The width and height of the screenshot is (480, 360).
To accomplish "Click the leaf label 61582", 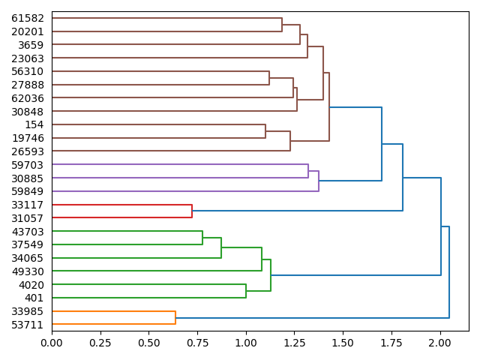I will tap(28, 18).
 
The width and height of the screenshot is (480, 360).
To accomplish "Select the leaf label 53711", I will tap(28, 325).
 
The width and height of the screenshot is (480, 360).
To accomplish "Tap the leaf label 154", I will tap(34, 124).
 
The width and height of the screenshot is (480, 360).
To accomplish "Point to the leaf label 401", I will tap(34, 298).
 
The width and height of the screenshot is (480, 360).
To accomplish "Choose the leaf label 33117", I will tap(28, 205).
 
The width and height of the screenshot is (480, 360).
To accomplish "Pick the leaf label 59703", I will tap(28, 164).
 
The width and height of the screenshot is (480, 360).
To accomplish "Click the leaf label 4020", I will tap(32, 285).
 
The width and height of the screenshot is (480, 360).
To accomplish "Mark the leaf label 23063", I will tap(28, 58).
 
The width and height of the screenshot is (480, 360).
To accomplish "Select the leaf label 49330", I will tap(28, 271).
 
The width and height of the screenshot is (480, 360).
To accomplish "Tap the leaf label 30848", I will tap(28, 111).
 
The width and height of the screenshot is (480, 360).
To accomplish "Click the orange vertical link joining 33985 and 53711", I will tap(175, 318).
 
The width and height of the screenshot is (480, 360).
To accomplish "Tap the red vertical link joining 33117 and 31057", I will tap(192, 211).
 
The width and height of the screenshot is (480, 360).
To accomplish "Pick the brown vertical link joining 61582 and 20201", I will tap(282, 25).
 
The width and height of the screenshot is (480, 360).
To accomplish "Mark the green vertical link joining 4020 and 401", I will tap(246, 291).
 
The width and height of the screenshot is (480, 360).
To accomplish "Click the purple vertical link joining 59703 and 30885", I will tap(308, 171).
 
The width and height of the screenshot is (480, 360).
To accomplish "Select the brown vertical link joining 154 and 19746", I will tap(265, 131).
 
